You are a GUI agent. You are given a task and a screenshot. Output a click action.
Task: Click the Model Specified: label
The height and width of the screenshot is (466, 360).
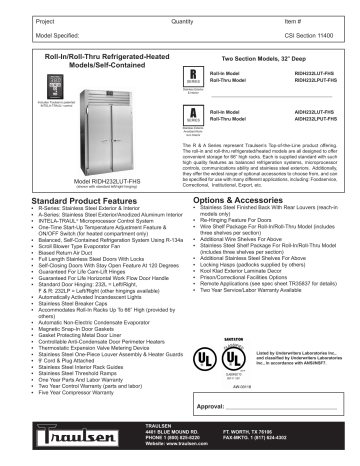[32, 34]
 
